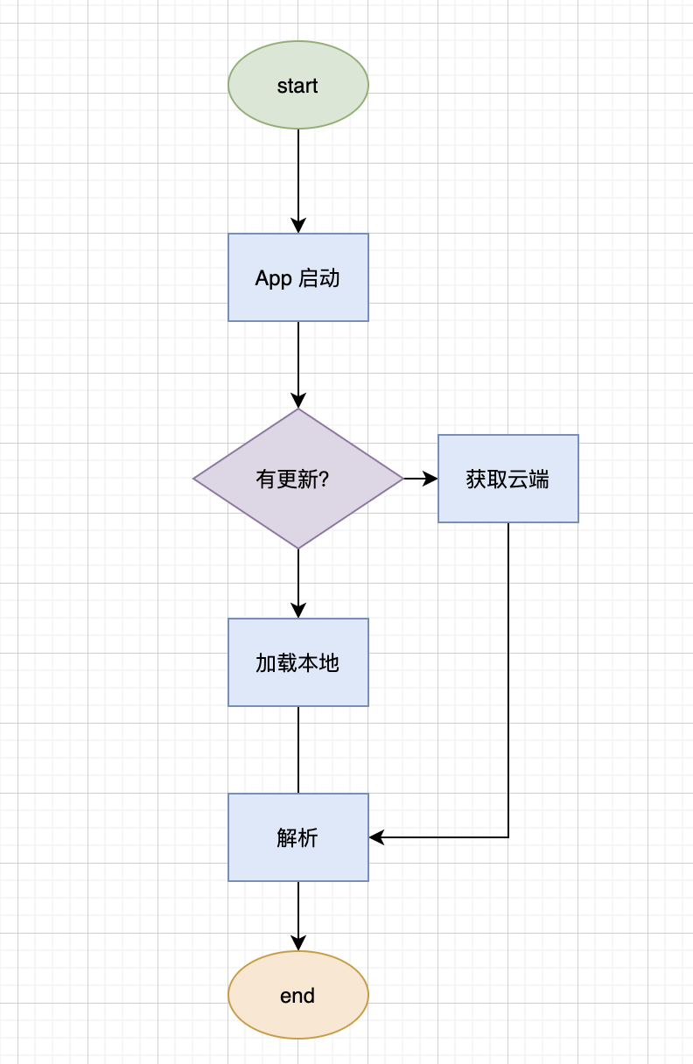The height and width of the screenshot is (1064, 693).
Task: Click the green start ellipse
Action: [298, 85]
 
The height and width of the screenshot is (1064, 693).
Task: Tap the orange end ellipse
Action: [298, 995]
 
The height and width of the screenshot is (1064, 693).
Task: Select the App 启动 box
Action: [298, 277]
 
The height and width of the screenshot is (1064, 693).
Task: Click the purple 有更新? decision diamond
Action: [298, 479]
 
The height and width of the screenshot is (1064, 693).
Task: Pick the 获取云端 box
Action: [508, 479]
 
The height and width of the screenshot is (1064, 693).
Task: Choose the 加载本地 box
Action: [298, 662]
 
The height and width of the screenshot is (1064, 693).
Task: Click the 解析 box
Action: [298, 837]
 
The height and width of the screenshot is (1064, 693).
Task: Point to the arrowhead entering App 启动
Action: [298, 226]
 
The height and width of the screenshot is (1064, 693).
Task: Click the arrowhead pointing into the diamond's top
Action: [298, 401]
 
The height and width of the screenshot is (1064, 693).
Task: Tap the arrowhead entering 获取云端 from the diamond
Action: [430, 479]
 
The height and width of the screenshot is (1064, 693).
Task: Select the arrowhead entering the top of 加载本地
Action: [298, 611]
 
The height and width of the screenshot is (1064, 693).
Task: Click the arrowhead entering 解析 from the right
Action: [376, 837]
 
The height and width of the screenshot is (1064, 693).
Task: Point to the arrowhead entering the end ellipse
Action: [298, 943]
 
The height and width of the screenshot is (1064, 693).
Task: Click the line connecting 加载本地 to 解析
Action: [298, 750]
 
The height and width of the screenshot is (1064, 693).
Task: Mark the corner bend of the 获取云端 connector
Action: [508, 837]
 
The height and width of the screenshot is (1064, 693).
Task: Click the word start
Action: [297, 86]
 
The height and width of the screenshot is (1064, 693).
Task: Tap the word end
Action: [297, 996]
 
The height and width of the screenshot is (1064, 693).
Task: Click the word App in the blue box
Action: [273, 279]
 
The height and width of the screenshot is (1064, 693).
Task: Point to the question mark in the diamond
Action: [325, 479]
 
